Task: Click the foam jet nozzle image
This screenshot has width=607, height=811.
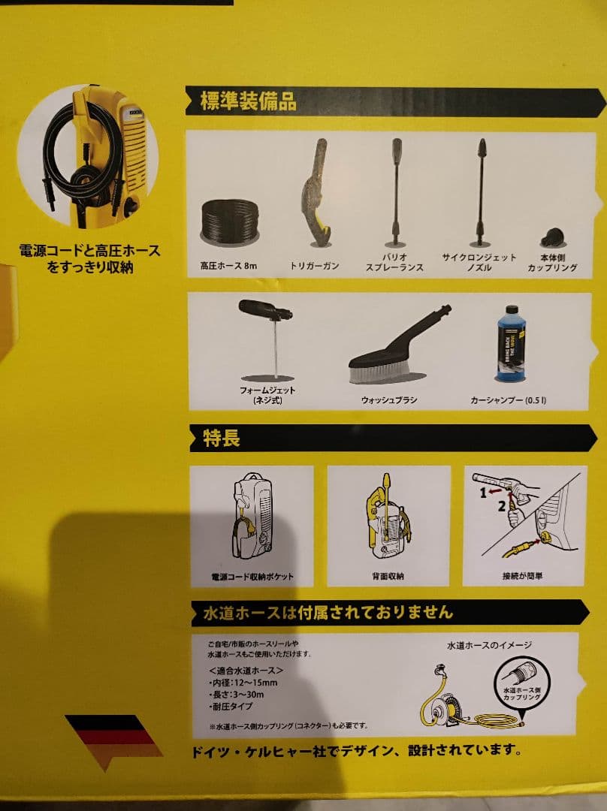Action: (263, 310)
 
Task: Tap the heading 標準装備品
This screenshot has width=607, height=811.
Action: (248, 102)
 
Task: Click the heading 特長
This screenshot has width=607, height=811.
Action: (222, 439)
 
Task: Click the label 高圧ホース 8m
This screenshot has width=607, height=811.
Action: (230, 266)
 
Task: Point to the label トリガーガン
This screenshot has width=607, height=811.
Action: (315, 266)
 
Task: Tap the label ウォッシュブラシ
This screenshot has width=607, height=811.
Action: (389, 400)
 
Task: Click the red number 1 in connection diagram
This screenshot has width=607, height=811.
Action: (485, 493)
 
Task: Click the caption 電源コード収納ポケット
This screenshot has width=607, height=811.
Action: (252, 577)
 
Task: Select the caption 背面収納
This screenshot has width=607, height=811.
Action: (388, 577)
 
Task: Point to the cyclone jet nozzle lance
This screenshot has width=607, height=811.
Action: (478, 191)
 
